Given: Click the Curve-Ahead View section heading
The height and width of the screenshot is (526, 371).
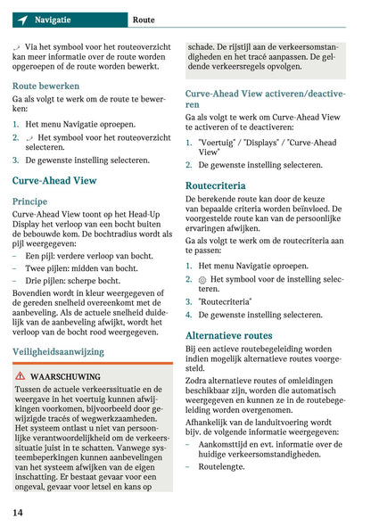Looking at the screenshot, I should tap(54, 180).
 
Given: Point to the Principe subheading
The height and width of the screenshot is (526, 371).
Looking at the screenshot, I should tap(30, 201).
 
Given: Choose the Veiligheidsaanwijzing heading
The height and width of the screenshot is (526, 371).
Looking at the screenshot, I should tap(58, 351).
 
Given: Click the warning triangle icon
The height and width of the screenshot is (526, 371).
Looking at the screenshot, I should tap(20, 378).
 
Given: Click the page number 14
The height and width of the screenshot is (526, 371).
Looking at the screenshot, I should tap(18, 512).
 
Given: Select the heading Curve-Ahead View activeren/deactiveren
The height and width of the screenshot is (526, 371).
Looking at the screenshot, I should tap(265, 98).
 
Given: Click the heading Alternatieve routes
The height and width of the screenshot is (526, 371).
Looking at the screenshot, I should tap(228, 335).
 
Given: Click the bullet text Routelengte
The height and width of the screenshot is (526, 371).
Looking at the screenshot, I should tap(221, 466).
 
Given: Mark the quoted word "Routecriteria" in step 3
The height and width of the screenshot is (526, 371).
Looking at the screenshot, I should tap(224, 301).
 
